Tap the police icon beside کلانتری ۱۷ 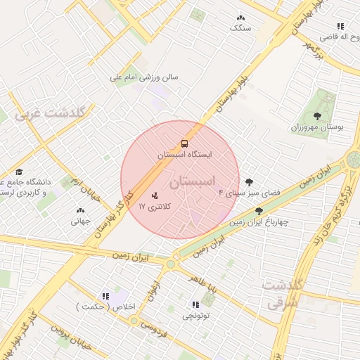coord(155,195)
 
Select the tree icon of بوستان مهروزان coord(317,117)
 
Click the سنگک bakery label coord(240,28)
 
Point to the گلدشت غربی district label coord(51,112)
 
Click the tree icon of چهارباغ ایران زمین coord(259,211)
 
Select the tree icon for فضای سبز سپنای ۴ coord(249,182)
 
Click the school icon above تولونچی coord(196,304)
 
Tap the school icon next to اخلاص coord(105,297)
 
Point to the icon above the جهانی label coord(79,210)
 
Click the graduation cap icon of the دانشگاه coord(19,172)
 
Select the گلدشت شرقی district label coord(283,294)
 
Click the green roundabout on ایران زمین coord(170,264)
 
